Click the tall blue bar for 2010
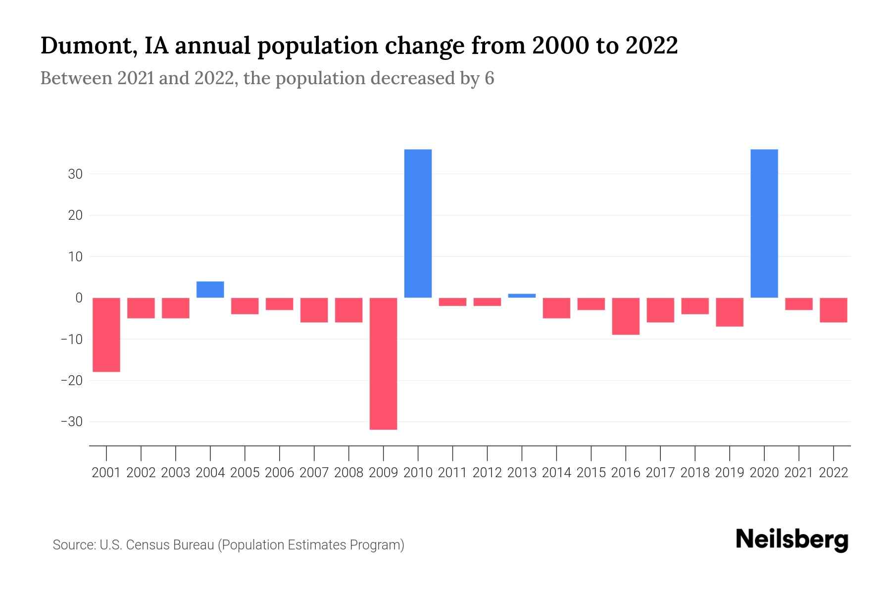click(x=418, y=223)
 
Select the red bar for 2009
click(x=383, y=363)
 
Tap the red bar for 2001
click(x=106, y=335)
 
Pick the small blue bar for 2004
click(x=210, y=290)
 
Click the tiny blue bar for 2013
click(x=522, y=296)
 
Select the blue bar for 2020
click(x=764, y=223)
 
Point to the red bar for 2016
click(x=626, y=316)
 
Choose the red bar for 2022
click(x=834, y=310)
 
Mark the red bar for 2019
click(x=730, y=312)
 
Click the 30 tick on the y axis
click(x=75, y=174)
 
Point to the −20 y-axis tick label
click(x=71, y=381)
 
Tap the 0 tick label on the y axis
click(x=79, y=298)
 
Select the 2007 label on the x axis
click(x=314, y=473)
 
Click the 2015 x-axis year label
click(x=591, y=473)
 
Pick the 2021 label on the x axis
click(x=798, y=473)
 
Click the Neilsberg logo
click(x=792, y=540)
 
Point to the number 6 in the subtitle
click(x=489, y=79)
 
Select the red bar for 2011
click(x=452, y=302)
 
